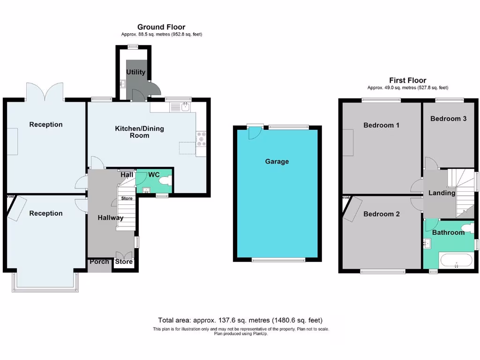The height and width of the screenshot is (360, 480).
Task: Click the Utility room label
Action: pyautogui.click(x=135, y=72)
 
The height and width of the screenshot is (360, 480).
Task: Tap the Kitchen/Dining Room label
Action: pyautogui.click(x=139, y=132)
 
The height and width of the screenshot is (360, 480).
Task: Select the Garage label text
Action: pyautogui.click(x=277, y=161)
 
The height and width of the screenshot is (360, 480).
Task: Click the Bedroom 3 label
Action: pyautogui.click(x=448, y=119)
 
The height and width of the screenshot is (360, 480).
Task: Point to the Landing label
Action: pyautogui.click(x=442, y=193)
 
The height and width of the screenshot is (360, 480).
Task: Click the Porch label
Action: pyautogui.click(x=99, y=262)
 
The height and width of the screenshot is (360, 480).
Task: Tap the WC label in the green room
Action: pyautogui.click(x=154, y=175)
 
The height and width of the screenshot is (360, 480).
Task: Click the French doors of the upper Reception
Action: pyautogui.click(x=45, y=91)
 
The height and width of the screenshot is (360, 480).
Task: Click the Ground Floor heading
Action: pyautogui.click(x=161, y=27)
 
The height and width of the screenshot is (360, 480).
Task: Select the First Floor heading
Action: pyautogui.click(x=407, y=80)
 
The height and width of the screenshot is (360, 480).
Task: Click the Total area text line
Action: pyautogui.click(x=240, y=321)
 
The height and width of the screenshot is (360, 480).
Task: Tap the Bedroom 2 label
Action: pyautogui.click(x=381, y=214)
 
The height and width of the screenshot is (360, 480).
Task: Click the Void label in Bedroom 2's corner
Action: pyautogui.click(x=346, y=198)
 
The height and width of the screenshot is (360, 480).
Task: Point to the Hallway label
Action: pyautogui.click(x=111, y=217)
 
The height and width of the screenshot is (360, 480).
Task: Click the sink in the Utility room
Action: pyautogui.click(x=122, y=84)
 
